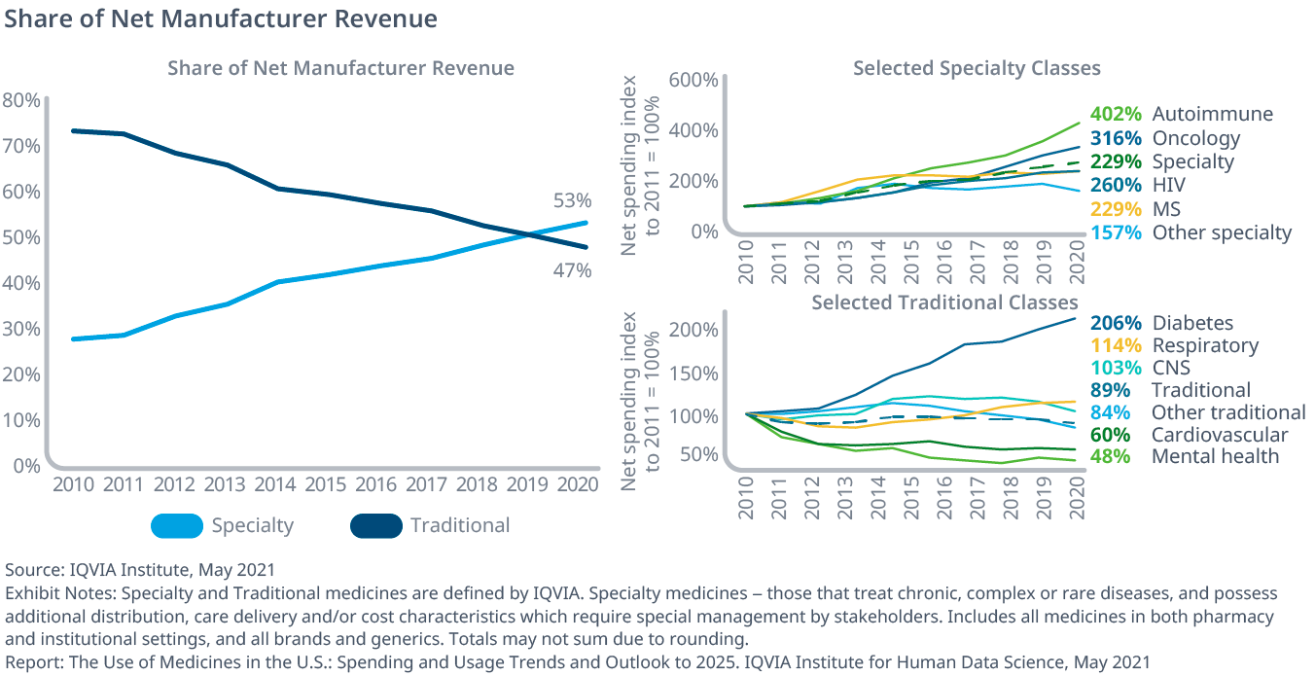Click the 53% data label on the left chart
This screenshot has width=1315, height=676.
573,201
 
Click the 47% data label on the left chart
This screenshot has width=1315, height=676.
573,270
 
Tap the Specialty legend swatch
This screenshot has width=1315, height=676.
176,526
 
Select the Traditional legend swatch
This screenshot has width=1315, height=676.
375,526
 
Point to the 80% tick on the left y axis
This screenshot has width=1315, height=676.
21,100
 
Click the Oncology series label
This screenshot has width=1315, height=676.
1196,138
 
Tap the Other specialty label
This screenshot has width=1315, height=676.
1222,232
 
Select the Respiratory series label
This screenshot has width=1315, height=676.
1205,345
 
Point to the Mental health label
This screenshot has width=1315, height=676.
1215,456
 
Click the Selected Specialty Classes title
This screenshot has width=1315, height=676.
977,68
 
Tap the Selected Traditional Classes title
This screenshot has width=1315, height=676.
944,302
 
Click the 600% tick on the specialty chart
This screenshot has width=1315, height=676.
692,80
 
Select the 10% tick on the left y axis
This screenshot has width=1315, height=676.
21,420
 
